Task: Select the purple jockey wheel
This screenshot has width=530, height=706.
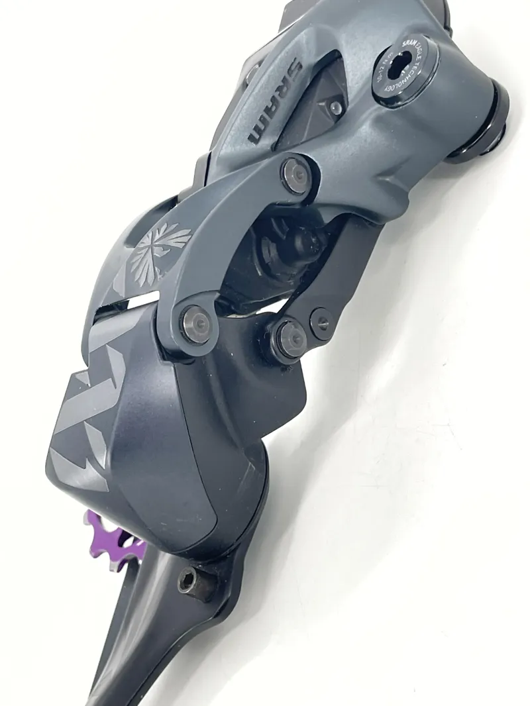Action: [x=116, y=537]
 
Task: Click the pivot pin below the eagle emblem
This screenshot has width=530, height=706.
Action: [x=196, y=323]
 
